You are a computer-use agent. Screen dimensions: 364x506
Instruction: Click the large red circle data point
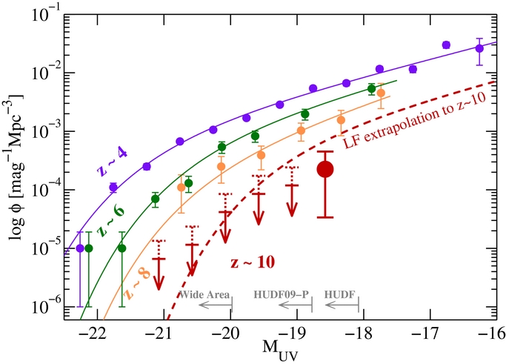pos(325,170)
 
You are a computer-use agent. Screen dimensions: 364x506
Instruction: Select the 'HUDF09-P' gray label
pos(282,293)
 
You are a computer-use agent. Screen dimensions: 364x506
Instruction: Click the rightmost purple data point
pos(479,48)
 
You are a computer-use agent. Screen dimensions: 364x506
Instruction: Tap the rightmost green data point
pos(372,88)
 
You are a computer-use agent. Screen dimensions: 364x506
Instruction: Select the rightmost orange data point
pos(381,93)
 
